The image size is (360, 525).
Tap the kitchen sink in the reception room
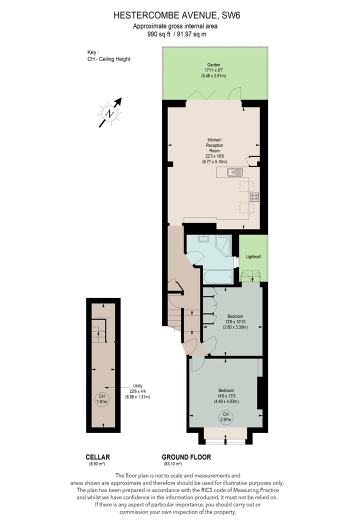coord(235,172)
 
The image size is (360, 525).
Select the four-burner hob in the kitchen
coord(254,197)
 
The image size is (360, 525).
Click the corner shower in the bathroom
coord(222,245)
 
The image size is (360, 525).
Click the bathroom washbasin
coord(203,238)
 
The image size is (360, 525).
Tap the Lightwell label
coord(253,257)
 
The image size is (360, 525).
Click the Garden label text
coord(213,65)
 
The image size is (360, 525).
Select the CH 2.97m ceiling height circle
coord(225,417)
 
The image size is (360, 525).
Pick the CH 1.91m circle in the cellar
coord(102,399)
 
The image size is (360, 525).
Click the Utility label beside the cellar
coord(137,386)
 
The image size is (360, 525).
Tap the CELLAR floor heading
coord(98,457)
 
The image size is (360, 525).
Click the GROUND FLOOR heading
coord(186,457)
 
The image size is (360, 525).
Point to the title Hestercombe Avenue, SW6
coord(177,15)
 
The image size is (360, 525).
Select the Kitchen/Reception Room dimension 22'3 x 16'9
coord(214,156)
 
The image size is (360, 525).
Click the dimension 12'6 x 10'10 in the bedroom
coord(235,322)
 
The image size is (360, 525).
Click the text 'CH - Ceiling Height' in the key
coord(109,59)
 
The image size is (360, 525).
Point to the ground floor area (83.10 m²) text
coord(172,464)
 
